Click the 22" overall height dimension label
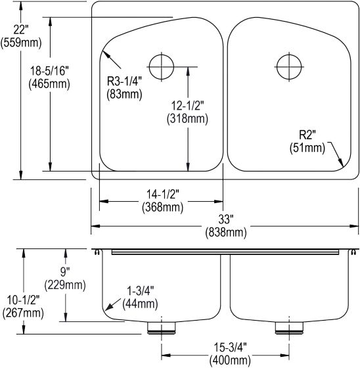click(x=20, y=30)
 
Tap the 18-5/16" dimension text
click(x=49, y=71)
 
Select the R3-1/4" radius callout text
click(x=124, y=81)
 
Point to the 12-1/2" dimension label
click(x=187, y=106)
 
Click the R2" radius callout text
click(x=307, y=135)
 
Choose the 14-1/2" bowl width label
click(x=163, y=195)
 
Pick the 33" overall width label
click(x=226, y=219)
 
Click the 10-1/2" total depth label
click(x=23, y=300)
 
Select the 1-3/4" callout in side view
click(x=140, y=291)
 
